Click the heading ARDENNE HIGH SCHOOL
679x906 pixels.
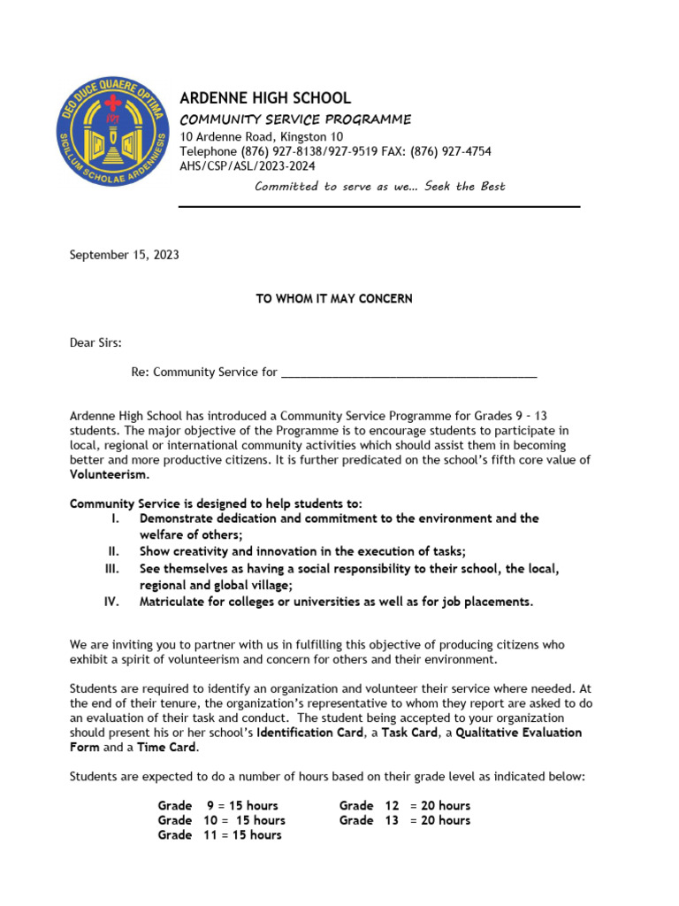[265, 98]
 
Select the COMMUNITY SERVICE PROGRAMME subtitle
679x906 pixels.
[295, 119]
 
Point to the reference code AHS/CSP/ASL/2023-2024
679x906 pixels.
[247, 165]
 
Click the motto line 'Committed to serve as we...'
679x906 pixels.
[379, 186]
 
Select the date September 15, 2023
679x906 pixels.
[124, 255]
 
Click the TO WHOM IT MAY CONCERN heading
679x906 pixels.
[334, 299]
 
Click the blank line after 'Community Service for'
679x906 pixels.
[408, 372]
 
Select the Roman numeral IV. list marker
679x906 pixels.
[111, 602]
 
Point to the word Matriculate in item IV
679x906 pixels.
[172, 602]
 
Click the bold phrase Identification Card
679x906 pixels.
[309, 733]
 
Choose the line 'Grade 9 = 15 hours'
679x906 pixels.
[217, 806]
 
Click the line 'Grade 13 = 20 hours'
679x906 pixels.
[404, 820]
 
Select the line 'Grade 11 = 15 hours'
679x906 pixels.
[219, 834]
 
